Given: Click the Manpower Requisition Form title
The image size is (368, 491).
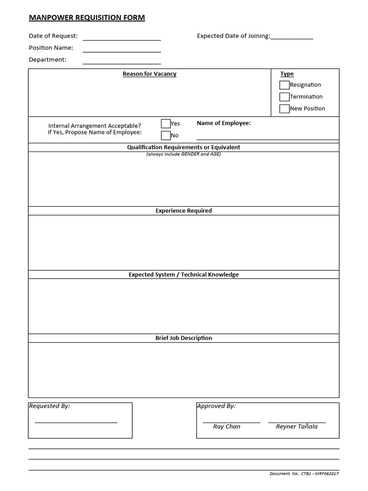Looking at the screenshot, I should (87, 18).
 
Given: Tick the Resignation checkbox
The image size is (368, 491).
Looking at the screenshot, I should (284, 85).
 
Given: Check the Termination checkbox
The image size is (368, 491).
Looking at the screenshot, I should (284, 97).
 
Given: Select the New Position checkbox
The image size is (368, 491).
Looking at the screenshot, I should (284, 108).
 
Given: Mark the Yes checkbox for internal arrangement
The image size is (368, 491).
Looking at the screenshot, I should (165, 123).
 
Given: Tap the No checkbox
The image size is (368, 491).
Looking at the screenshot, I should (165, 135).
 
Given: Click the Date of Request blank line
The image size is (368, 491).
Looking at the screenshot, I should (122, 40).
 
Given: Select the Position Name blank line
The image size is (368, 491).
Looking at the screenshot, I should (122, 51).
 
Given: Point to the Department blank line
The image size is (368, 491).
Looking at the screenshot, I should (122, 63).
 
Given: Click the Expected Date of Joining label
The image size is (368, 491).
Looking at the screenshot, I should (233, 36).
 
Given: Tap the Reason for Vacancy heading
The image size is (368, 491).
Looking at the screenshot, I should (149, 74).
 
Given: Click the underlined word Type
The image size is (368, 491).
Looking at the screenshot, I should (287, 74).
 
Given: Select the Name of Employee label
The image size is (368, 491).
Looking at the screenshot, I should (224, 123).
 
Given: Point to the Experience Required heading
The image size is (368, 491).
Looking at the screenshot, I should (184, 210).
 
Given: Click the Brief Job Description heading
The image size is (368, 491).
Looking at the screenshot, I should (184, 338).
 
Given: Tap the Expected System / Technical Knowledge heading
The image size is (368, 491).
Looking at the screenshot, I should (184, 275).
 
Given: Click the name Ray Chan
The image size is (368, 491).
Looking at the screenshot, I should (227, 426).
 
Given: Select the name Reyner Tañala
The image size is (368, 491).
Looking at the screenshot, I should (297, 426).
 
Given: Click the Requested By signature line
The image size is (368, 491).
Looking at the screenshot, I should (76, 422).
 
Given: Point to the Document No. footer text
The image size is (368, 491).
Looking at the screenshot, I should (304, 474).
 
